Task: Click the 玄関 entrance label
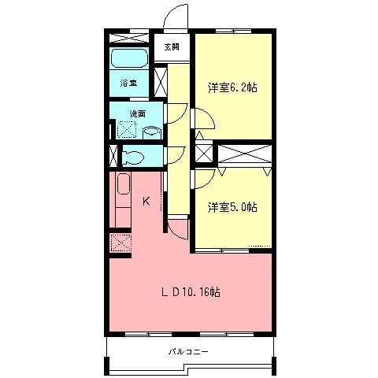(172, 47)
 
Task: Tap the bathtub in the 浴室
(129, 58)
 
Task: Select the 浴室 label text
(128, 83)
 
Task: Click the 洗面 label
(138, 113)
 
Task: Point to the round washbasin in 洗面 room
(152, 132)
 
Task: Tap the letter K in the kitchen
(146, 202)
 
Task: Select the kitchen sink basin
(123, 183)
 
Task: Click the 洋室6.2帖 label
(232, 87)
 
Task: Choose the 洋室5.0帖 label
(232, 207)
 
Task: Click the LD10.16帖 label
(191, 292)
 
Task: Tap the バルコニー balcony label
(188, 351)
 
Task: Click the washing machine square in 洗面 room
(126, 129)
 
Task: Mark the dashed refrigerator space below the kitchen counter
(121, 243)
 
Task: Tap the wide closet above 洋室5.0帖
(245, 154)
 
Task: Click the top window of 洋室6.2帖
(233, 31)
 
